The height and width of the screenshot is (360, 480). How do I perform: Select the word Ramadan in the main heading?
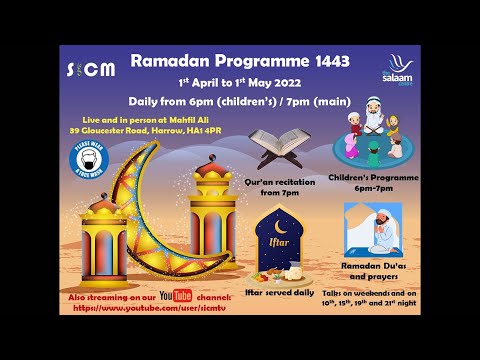coord(168,62)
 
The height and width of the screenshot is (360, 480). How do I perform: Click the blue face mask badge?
coord(89,159)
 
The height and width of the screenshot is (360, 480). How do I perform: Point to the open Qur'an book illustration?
coord(276,150)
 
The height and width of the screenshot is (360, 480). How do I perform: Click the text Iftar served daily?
coord(281,293)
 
